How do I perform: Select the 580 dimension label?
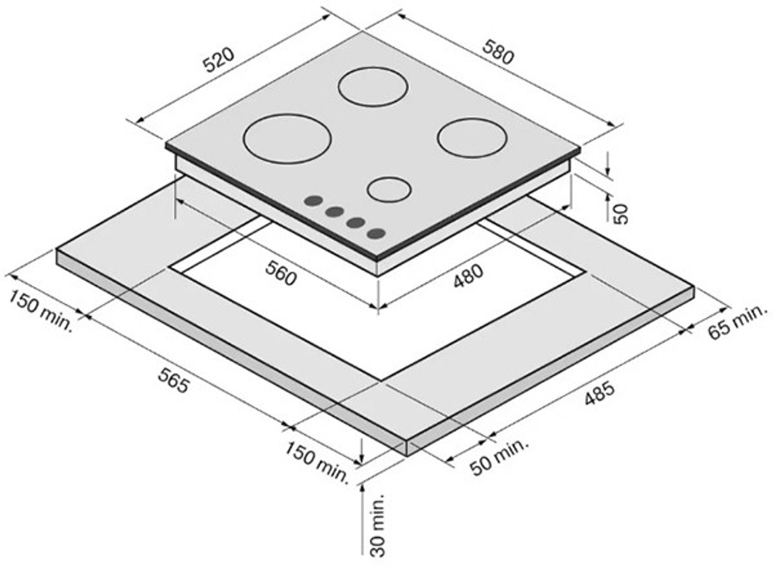499,51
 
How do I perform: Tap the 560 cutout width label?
281,273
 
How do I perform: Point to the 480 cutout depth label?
469,276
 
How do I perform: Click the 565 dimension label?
173,380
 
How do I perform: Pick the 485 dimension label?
600,393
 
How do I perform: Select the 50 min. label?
499,457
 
